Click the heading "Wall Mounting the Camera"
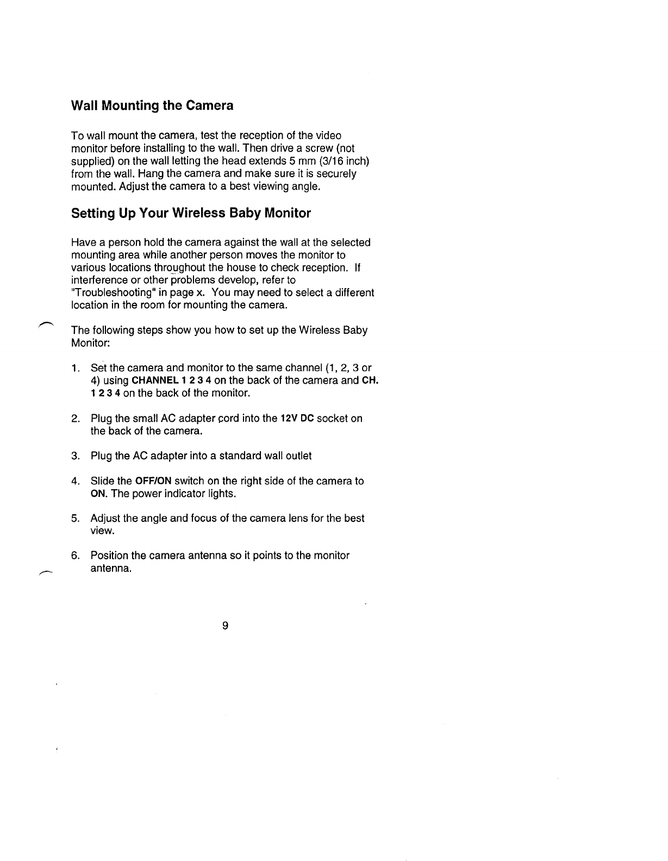tap(152, 105)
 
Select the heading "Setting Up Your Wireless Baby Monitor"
tap(191, 213)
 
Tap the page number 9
tap(225, 626)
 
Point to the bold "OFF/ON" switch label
tap(153, 481)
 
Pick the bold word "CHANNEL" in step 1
tap(155, 380)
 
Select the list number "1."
tap(76, 368)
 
